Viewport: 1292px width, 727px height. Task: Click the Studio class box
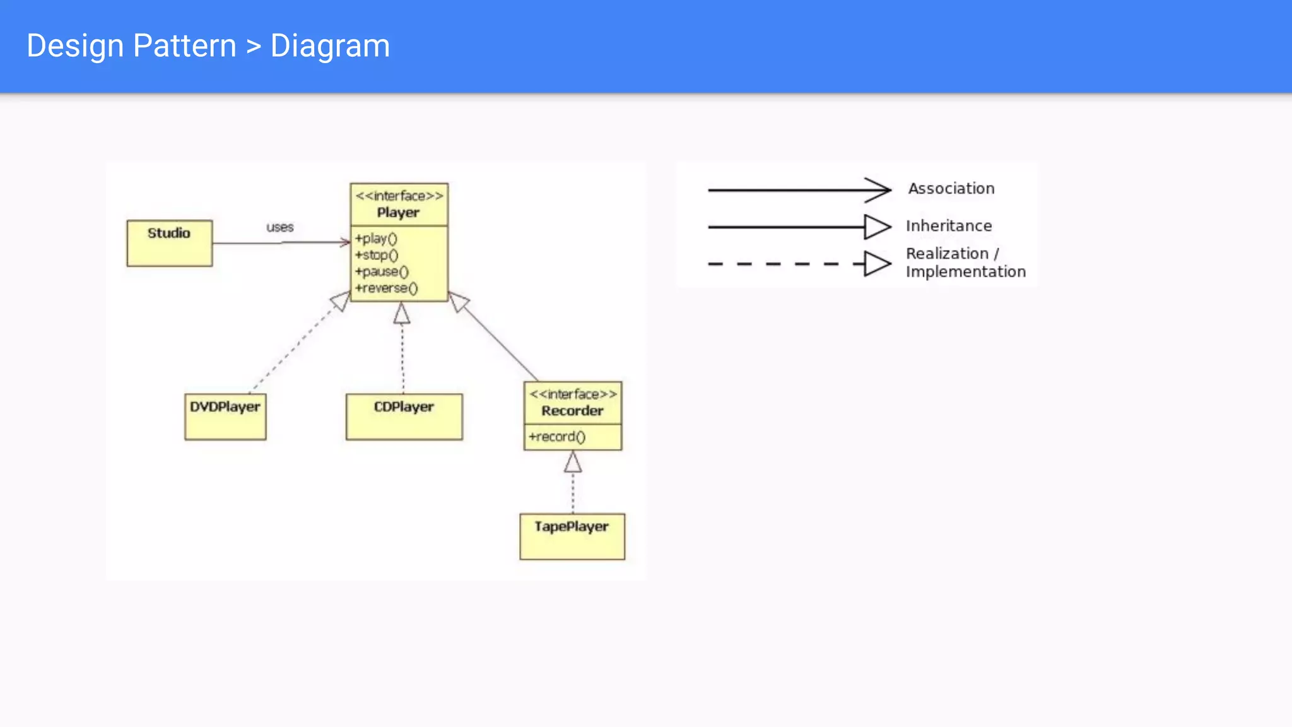(169, 243)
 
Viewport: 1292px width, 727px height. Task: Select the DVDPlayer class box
(225, 417)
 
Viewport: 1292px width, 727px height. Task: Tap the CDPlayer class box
(404, 417)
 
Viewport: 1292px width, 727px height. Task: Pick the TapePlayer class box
(572, 536)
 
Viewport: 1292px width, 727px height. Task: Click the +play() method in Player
(376, 239)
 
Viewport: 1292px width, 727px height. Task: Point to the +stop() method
(377, 255)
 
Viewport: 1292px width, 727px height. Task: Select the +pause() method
(382, 271)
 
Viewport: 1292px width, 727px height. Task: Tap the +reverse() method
(386, 288)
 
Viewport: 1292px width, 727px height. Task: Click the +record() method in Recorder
(557, 437)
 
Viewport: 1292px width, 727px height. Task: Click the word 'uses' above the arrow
(279, 227)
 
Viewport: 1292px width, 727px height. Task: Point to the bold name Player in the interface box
(398, 213)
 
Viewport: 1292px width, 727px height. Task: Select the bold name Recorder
(572, 411)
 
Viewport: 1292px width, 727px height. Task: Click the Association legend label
(951, 189)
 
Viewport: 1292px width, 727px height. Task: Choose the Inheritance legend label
(949, 226)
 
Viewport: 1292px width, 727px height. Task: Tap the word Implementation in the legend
(966, 272)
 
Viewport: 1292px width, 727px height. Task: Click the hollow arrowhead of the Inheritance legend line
(878, 227)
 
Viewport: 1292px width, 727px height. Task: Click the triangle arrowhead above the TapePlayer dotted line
(573, 463)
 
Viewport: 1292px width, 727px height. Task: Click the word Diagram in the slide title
(330, 46)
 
